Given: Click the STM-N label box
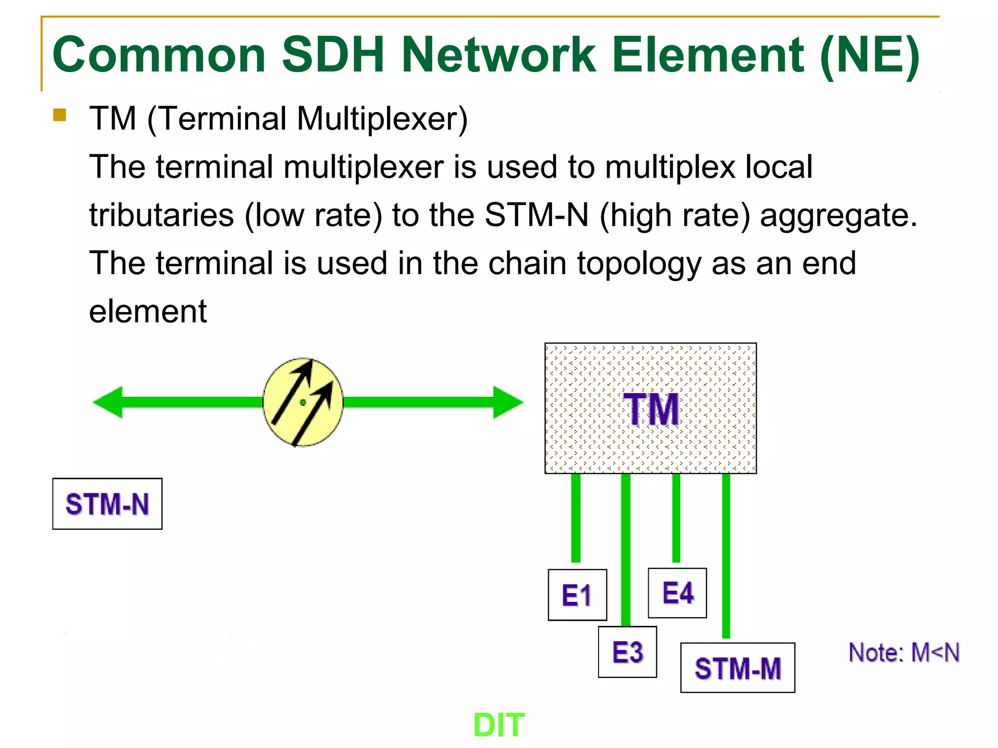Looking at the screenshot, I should pos(107,504).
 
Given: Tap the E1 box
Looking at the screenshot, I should pos(577,595).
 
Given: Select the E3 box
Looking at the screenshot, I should pos(627,652).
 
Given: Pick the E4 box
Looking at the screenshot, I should pos(677,593).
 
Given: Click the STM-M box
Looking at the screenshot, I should pos(737,668).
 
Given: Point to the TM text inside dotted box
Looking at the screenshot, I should pos(651,410).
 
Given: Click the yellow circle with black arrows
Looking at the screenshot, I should pos(303,402).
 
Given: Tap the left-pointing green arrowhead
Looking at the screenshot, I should pos(108,402).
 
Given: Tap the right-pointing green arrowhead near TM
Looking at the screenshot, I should pos(508,402).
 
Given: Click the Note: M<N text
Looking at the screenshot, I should pos(904,653).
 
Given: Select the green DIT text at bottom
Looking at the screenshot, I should pos(499,725).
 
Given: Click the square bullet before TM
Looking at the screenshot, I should pos(59,115).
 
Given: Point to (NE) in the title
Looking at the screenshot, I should pos(870,56).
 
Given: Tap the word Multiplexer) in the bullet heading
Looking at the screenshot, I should pos(382,119).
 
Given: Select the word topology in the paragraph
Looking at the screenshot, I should pos(639,264).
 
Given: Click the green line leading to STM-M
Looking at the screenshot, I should pos(726,555).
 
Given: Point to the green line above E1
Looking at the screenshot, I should pos(576,518).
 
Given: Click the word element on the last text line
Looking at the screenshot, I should pos(148,312).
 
